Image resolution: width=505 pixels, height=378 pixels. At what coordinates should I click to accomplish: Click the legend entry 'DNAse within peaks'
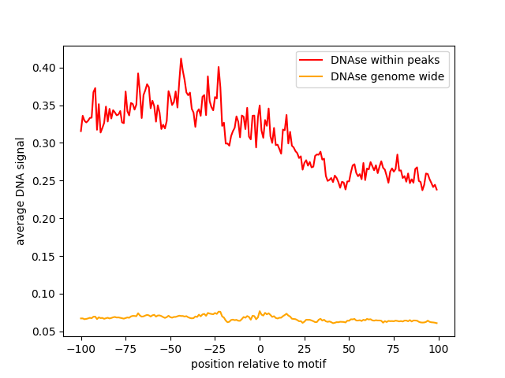point(385,60)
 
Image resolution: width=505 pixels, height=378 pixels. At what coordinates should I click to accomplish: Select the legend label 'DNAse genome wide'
point(387,76)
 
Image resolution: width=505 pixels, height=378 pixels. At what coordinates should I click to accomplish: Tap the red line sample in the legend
point(311,60)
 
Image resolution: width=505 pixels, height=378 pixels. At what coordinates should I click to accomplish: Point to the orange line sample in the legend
point(311,76)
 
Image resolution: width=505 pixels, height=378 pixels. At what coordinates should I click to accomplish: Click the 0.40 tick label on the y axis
point(44,69)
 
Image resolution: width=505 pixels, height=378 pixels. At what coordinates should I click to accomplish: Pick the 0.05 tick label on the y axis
point(44,332)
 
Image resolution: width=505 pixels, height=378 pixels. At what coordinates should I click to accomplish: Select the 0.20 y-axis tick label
point(44,219)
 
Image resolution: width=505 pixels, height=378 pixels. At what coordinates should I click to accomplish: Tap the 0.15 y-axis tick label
point(44,257)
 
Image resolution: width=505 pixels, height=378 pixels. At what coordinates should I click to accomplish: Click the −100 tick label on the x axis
point(80,349)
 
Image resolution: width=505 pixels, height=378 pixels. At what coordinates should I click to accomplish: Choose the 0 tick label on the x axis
point(260,349)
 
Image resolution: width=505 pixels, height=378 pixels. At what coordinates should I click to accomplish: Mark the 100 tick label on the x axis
point(439,349)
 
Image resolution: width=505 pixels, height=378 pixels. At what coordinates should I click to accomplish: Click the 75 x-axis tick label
point(394,349)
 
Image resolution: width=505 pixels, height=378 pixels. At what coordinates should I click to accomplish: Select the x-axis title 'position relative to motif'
point(259,364)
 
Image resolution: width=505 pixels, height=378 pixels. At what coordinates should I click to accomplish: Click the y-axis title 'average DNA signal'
point(20,191)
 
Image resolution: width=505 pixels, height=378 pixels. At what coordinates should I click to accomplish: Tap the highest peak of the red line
point(181,58)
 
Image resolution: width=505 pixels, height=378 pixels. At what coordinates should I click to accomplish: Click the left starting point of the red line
point(80,132)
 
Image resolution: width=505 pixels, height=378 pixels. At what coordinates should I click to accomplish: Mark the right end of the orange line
point(437,323)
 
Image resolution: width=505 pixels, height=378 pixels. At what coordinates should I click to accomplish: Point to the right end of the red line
point(437,190)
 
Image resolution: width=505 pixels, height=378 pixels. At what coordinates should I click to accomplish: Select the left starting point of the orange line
point(80,318)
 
